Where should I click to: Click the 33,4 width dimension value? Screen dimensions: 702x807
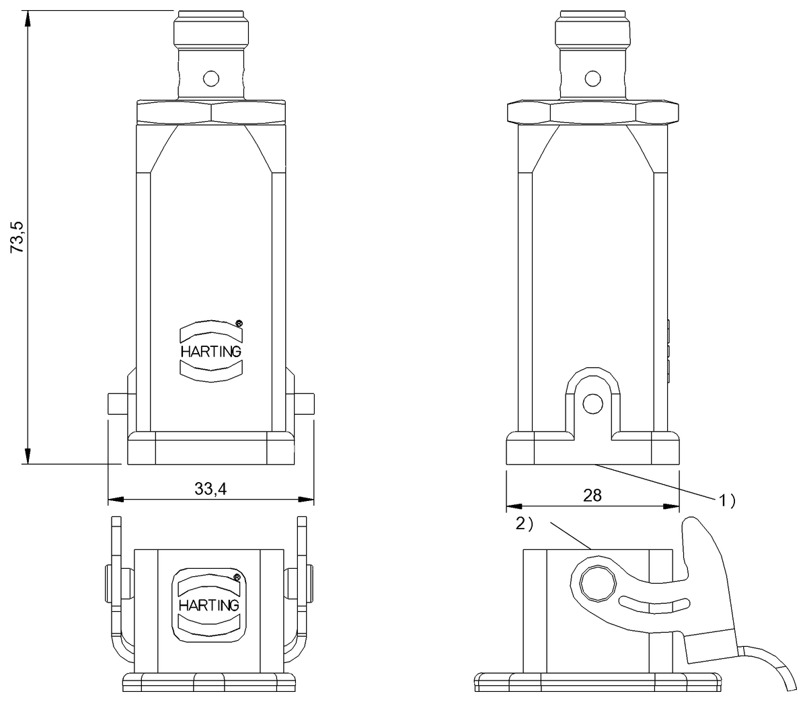(x=210, y=490)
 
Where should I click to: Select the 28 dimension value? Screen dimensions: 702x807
(x=592, y=496)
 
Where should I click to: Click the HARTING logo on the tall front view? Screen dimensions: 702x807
(x=210, y=351)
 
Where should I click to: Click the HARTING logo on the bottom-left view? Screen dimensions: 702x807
(x=208, y=604)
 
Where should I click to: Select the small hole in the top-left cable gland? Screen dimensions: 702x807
(x=211, y=79)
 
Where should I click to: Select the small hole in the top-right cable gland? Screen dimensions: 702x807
(x=592, y=79)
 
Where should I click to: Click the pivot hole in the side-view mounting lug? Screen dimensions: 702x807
(x=592, y=404)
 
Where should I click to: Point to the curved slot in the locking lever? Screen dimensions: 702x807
(x=652, y=603)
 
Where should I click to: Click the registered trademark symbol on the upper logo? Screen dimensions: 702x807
(x=239, y=324)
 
